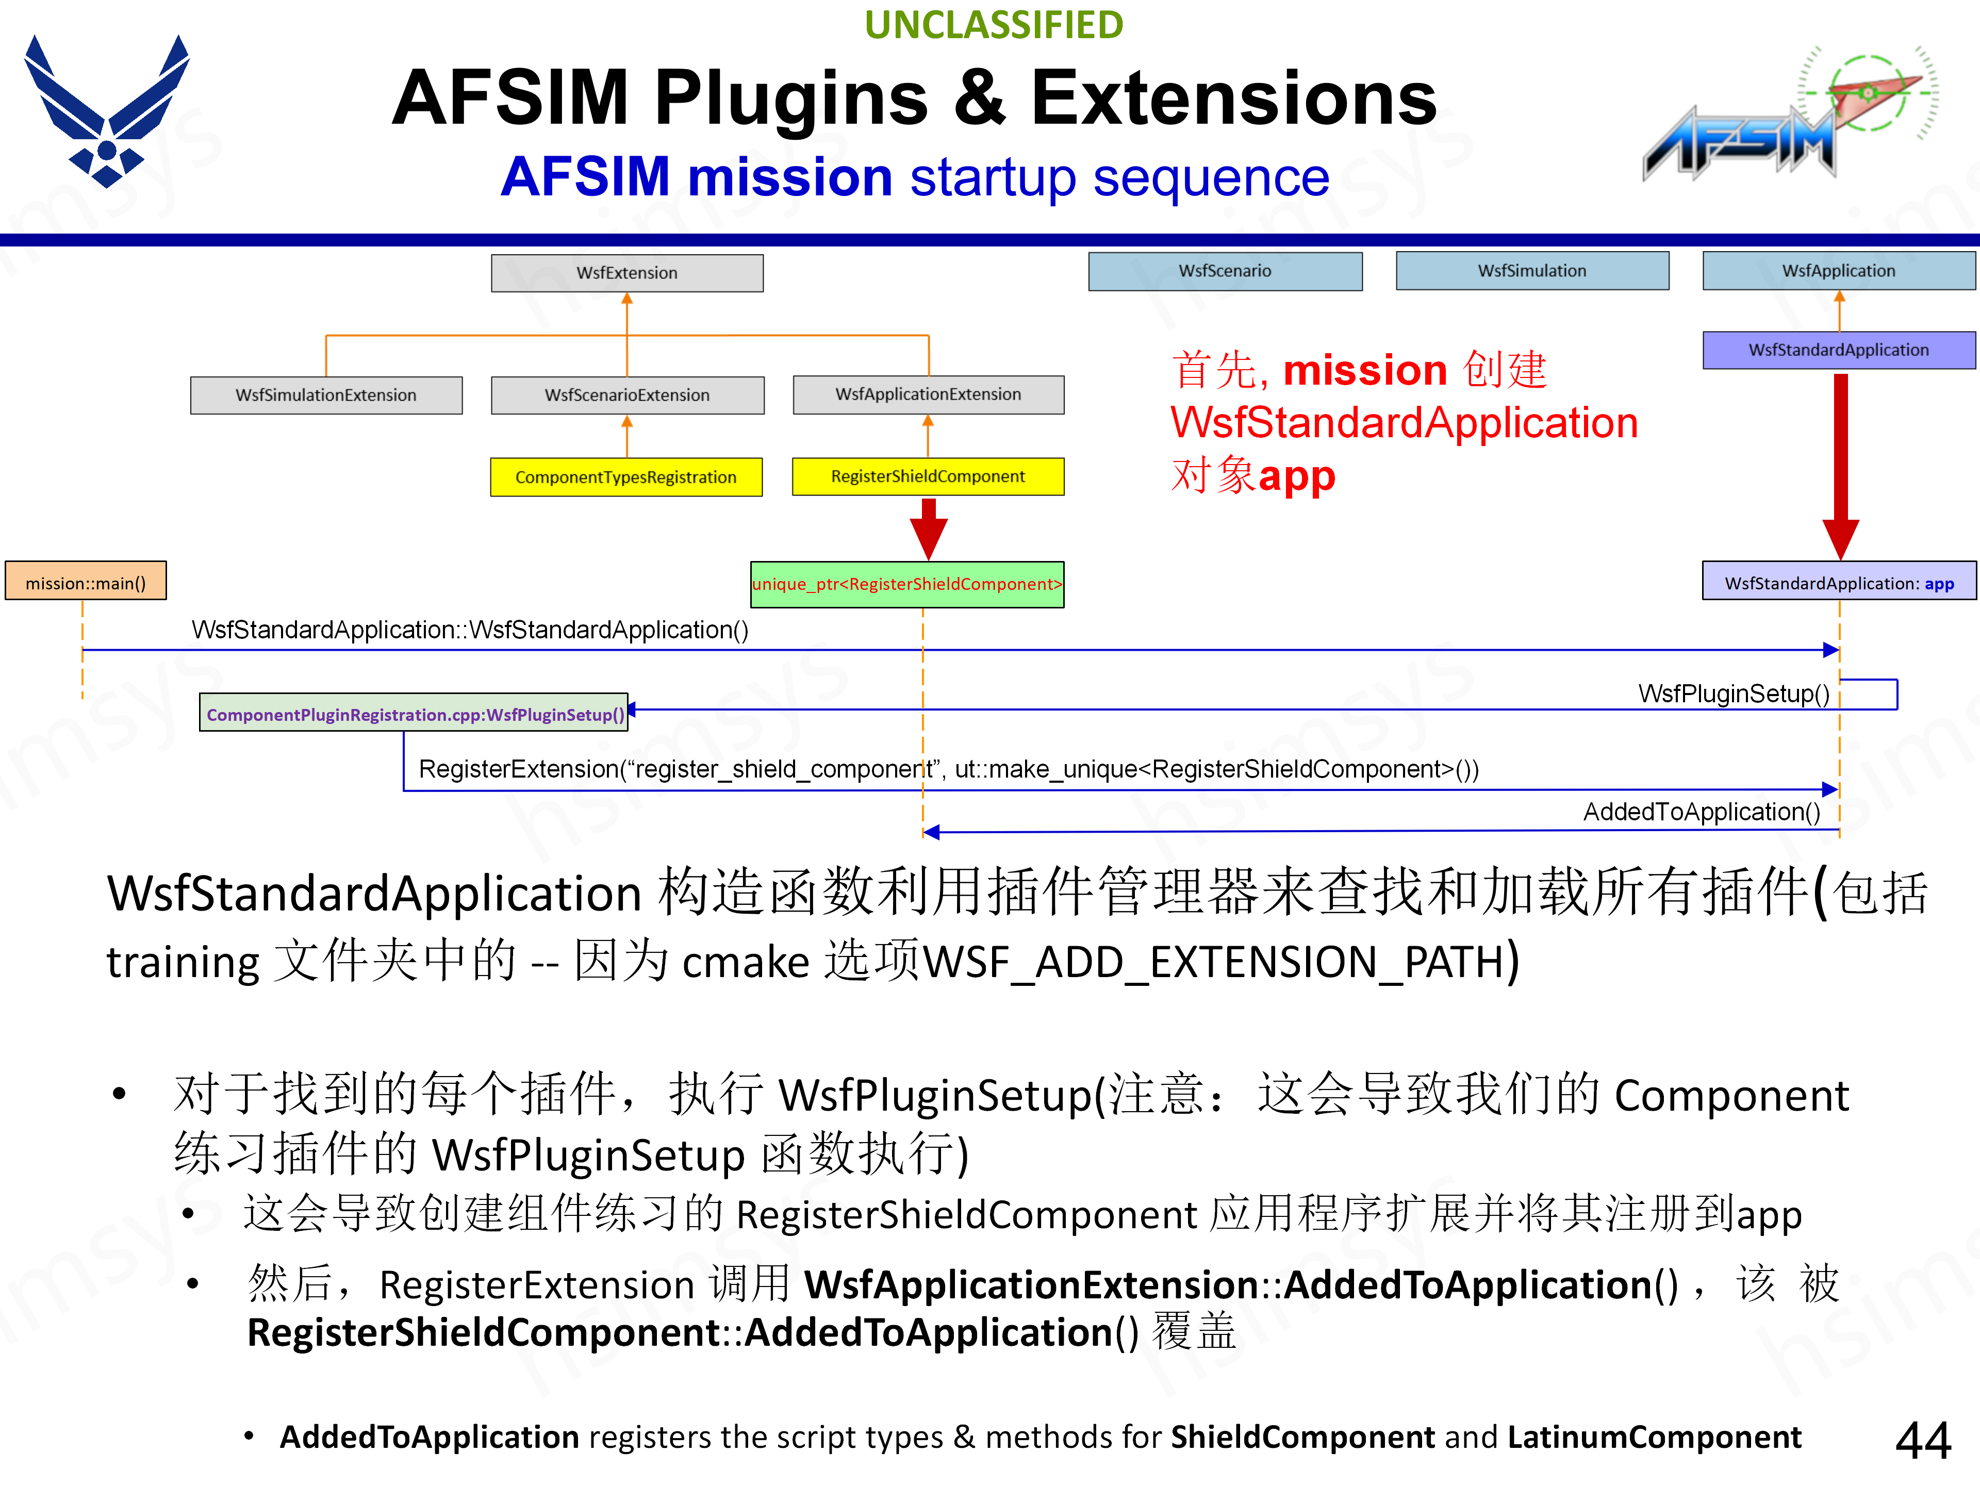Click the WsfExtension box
click(626, 273)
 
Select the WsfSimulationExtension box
click(326, 395)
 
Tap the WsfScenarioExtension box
click(626, 395)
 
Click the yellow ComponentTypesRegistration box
click(625, 477)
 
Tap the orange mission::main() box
click(86, 583)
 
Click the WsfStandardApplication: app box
click(1839, 583)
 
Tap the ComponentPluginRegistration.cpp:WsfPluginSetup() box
click(414, 714)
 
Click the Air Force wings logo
click(107, 111)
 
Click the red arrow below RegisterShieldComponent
click(928, 528)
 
